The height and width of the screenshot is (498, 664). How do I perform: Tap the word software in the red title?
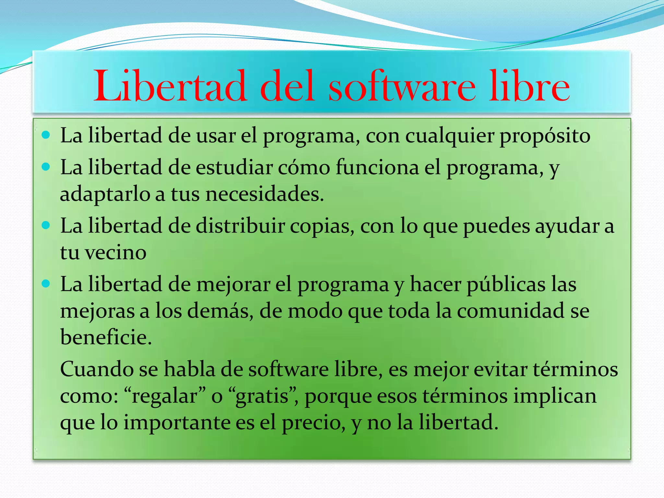[402, 86]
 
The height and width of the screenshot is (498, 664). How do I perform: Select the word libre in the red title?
[529, 86]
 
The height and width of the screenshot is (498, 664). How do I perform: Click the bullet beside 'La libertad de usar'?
[46, 135]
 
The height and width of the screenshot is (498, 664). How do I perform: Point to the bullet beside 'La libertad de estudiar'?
[46, 167]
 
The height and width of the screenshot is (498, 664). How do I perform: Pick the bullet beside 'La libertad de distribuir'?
[46, 225]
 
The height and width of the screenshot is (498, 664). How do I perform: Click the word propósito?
[545, 136]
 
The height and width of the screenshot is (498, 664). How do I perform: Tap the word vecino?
[115, 253]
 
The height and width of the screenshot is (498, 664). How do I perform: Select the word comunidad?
[511, 311]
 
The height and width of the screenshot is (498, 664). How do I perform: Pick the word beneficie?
[106, 337]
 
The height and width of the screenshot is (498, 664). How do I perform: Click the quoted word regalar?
[165, 397]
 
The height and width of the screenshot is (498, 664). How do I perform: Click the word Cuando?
[97, 369]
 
